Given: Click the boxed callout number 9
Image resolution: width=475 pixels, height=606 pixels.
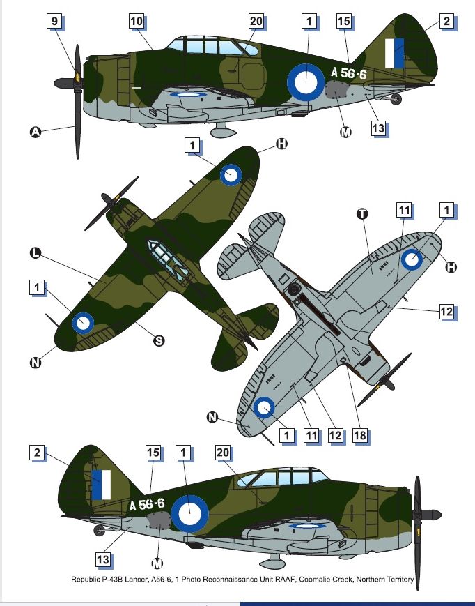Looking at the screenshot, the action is coord(54,21).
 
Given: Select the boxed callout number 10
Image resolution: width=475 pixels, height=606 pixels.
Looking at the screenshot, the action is coord(137,21).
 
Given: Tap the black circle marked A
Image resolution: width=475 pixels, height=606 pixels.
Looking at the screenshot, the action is coord(35,132).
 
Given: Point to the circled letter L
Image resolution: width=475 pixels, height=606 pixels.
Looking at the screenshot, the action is coord(35,254).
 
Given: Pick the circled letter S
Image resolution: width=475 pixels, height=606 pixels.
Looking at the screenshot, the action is coord(159,341).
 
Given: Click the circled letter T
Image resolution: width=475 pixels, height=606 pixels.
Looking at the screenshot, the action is coord(362,213).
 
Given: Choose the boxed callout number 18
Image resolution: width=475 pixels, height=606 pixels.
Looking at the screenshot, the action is coord(359,436).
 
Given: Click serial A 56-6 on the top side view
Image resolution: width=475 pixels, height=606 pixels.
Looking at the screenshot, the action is coord(348,73).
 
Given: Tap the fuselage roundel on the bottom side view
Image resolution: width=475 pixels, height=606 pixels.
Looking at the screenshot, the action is coord(189,515).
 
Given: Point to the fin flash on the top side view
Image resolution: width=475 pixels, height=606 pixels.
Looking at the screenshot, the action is coord(394,53).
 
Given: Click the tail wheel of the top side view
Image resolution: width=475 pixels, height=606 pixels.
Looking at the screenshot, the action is coord(396,99).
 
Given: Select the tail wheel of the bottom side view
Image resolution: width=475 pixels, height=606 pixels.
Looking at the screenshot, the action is coord(99,530).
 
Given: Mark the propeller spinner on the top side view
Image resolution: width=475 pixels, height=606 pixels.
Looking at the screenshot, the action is coord(63,83).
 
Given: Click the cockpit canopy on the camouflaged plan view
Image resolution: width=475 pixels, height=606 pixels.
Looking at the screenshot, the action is coord(169,259).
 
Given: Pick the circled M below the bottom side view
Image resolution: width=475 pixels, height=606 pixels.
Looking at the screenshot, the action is coord(157,563).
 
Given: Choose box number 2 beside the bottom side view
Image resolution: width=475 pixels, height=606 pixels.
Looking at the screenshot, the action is coord(37,452).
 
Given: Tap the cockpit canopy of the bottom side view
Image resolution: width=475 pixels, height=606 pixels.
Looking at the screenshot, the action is coord(283,477).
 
